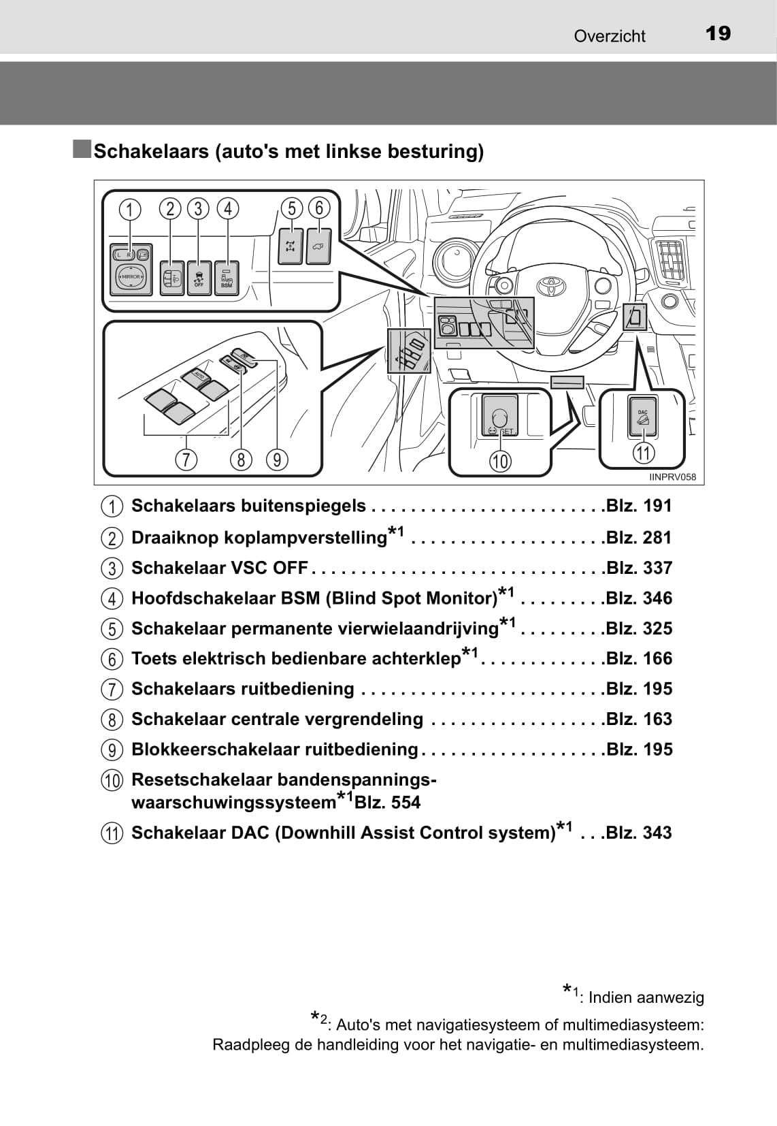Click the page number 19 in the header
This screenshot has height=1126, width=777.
pyautogui.click(x=718, y=33)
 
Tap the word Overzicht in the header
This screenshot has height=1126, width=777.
pyautogui.click(x=609, y=36)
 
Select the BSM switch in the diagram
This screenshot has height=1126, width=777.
pyautogui.click(x=227, y=278)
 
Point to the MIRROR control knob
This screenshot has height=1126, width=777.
pyautogui.click(x=131, y=276)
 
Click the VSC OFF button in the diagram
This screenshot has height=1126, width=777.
pyautogui.click(x=199, y=278)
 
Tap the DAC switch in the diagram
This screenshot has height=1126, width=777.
pyautogui.click(x=642, y=417)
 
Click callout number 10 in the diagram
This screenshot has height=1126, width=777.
pyautogui.click(x=500, y=461)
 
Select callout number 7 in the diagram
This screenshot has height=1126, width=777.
pyautogui.click(x=186, y=460)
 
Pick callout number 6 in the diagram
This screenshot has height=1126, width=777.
pyautogui.click(x=319, y=208)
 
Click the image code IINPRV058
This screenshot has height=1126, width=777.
pyautogui.click(x=672, y=477)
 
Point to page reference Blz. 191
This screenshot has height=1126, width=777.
pyautogui.click(x=639, y=506)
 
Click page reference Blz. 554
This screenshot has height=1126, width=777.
pyautogui.click(x=387, y=802)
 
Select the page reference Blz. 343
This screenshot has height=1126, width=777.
pyautogui.click(x=639, y=833)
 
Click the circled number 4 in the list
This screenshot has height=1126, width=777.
pyautogui.click(x=112, y=598)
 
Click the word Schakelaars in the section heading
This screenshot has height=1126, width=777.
pyautogui.click(x=151, y=151)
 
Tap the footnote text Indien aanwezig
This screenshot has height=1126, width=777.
pyautogui.click(x=646, y=997)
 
